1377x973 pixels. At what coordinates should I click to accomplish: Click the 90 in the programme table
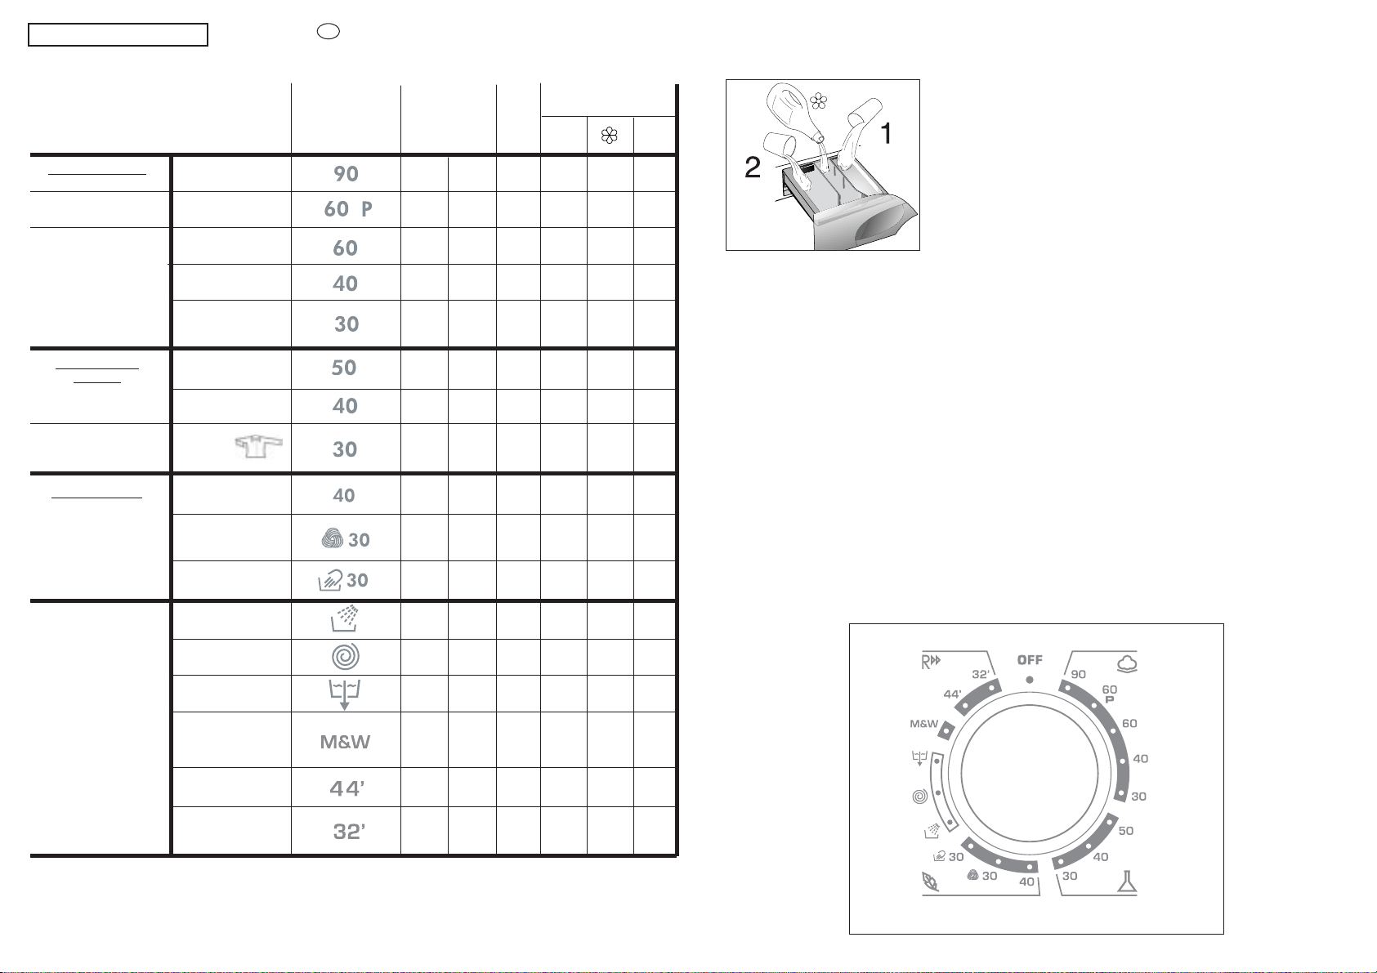click(x=346, y=174)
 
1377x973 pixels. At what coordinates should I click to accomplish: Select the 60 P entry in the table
click(x=348, y=209)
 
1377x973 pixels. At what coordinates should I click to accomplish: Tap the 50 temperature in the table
click(x=343, y=368)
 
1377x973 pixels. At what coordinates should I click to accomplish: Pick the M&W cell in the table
click(x=345, y=742)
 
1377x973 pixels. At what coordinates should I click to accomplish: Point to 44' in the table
click(x=346, y=788)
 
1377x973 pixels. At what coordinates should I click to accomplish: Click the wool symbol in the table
click(x=333, y=538)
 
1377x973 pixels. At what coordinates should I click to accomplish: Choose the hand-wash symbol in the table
click(x=330, y=580)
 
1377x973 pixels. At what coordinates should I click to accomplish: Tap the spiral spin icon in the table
click(x=346, y=657)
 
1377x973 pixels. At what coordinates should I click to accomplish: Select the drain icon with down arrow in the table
click(x=345, y=694)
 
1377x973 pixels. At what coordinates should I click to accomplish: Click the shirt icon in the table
click(x=259, y=446)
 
